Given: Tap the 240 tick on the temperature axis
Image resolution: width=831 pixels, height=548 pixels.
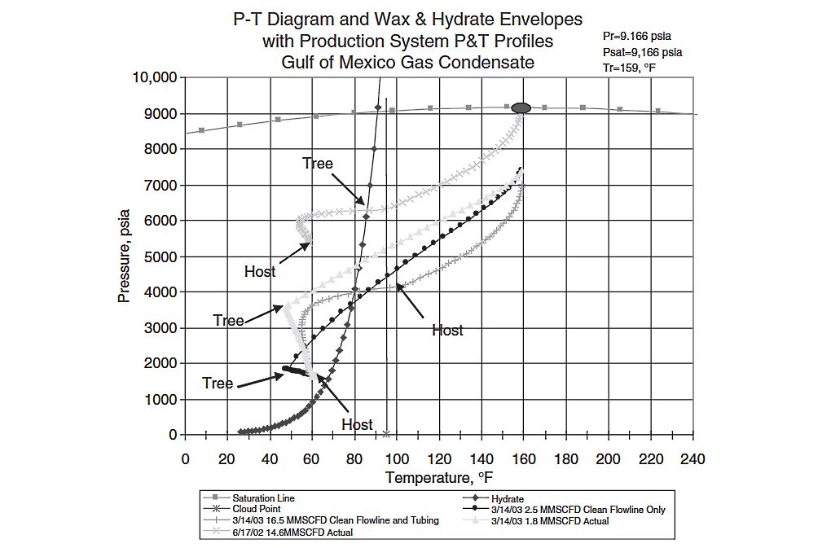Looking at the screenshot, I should [x=693, y=458].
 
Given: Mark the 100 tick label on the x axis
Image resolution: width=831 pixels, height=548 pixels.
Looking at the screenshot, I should [x=397, y=458].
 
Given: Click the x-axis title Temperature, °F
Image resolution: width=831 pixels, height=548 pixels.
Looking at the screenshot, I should [x=439, y=478].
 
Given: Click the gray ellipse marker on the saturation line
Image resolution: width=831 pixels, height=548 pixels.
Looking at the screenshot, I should [x=522, y=107].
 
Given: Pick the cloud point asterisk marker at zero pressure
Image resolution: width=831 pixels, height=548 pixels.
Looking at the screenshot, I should [x=386, y=434].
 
